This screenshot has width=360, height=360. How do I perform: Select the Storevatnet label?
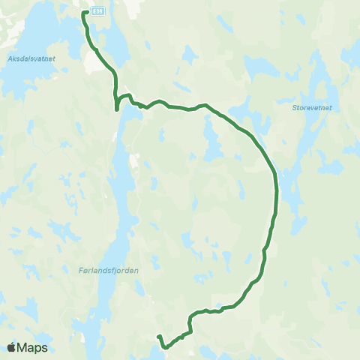311,107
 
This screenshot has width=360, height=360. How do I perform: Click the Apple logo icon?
13,347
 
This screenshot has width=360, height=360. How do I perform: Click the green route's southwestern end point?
158,337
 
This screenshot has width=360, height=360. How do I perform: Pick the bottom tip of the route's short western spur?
117,109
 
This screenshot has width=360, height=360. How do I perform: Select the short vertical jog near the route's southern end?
190,322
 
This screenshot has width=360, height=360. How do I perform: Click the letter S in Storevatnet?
293,107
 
